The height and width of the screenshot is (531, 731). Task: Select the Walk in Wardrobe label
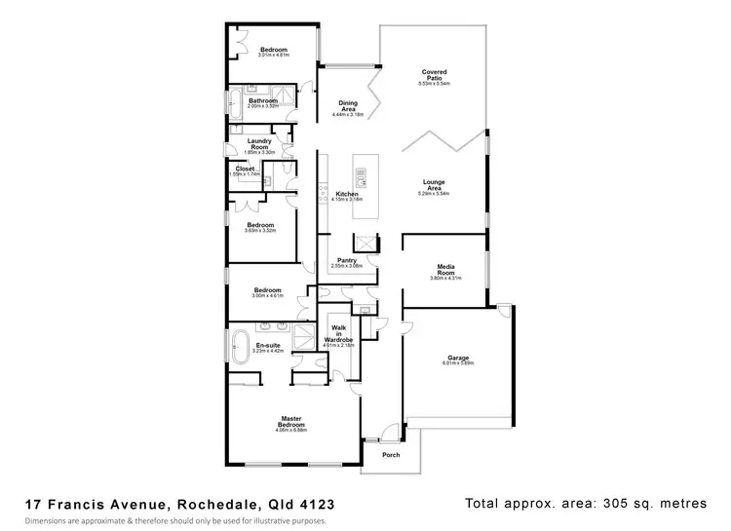tap(340, 334)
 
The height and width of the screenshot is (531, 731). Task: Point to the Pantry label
tap(346, 259)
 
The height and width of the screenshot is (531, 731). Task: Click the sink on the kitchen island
tap(362, 177)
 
